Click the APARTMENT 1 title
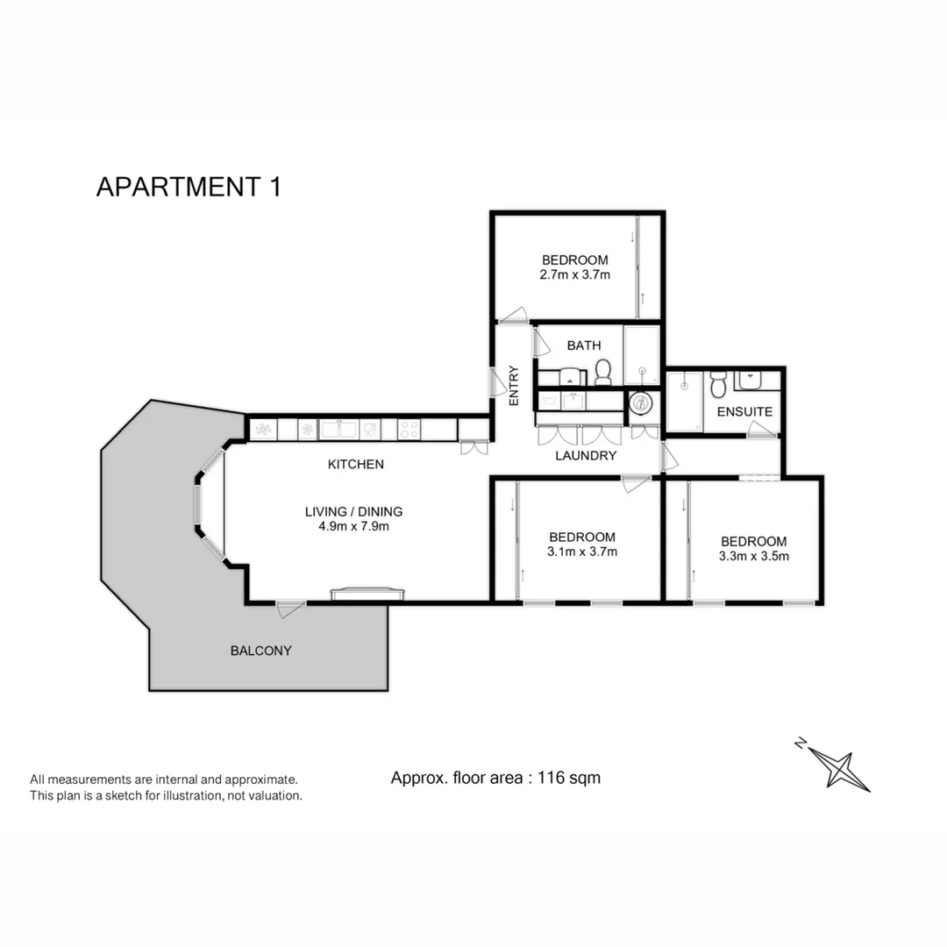(189, 188)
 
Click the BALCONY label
(260, 651)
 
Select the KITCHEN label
(355, 464)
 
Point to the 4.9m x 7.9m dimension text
(353, 527)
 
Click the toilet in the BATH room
(602, 372)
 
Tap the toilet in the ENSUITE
(718, 383)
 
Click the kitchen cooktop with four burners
(409, 430)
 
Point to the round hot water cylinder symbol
(642, 403)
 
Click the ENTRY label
(514, 384)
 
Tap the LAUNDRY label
(586, 455)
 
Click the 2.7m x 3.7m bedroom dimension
(574, 274)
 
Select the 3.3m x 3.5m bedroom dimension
(753, 556)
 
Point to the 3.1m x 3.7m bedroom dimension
(581, 552)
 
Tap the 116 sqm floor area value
(571, 777)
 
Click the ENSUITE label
(744, 411)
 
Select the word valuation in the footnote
(272, 795)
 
